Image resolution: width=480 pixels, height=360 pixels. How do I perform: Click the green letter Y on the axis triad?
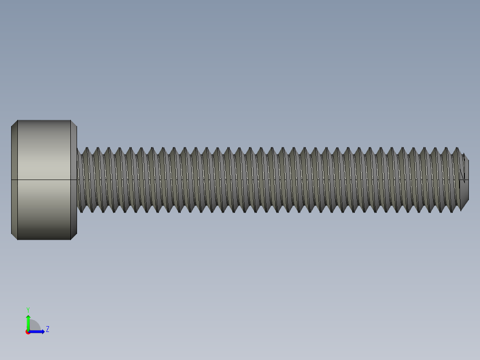pyautogui.click(x=28, y=309)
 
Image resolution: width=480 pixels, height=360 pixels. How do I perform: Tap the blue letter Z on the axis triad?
pyautogui.click(x=48, y=329)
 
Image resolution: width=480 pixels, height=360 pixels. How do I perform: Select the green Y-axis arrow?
pyautogui.click(x=28, y=322)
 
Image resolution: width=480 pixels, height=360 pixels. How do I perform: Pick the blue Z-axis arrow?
pyautogui.click(x=38, y=331)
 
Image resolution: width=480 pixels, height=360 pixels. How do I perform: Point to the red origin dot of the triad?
pyautogui.click(x=28, y=332)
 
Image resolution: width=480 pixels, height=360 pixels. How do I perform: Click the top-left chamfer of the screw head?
pyautogui.click(x=14, y=123)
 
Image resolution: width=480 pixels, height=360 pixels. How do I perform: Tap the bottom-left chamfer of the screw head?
pyautogui.click(x=14, y=236)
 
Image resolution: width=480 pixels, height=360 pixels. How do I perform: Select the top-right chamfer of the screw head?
pyautogui.click(x=74, y=123)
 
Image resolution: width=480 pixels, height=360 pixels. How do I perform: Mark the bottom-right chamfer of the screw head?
pyautogui.click(x=74, y=236)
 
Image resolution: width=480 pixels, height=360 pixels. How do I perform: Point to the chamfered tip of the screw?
pyautogui.click(x=464, y=180)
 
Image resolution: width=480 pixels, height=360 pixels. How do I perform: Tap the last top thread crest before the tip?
pyautogui.click(x=456, y=149)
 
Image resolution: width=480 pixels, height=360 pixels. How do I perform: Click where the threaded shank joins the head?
pyautogui.click(x=77, y=180)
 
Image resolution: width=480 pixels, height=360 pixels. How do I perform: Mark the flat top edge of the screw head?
pyautogui.click(x=44, y=120)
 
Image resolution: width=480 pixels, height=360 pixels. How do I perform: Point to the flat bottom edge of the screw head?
pyautogui.click(x=44, y=240)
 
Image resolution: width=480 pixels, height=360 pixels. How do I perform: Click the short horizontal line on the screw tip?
pyautogui.click(x=464, y=180)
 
